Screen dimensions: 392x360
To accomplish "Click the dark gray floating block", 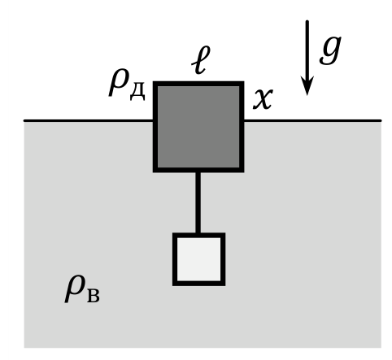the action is (x=198, y=127).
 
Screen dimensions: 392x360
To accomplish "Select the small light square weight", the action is (x=198, y=259).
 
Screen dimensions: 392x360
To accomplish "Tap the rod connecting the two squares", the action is (x=198, y=202).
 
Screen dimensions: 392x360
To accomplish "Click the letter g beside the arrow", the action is (x=330, y=50).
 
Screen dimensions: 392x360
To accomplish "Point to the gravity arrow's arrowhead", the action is (x=307, y=85).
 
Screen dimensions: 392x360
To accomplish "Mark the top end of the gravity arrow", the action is (x=307, y=21).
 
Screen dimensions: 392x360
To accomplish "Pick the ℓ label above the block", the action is (x=201, y=60).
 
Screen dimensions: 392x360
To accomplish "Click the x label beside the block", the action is (x=263, y=99).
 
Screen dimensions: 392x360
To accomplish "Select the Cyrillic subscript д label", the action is (x=137, y=90).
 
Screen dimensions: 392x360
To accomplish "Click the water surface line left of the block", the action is (x=89, y=120).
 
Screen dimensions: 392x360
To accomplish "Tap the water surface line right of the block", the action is (x=312, y=120).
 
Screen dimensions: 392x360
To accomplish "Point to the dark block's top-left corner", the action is (x=154, y=81).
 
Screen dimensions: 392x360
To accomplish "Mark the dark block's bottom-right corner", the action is (x=244, y=172).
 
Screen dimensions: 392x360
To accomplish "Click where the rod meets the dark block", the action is (x=198, y=172).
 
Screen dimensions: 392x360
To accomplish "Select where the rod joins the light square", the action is (x=198, y=232).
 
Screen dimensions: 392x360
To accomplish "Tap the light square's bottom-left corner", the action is (x=173, y=285).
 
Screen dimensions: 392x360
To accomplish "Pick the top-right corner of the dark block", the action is (x=244, y=81).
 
